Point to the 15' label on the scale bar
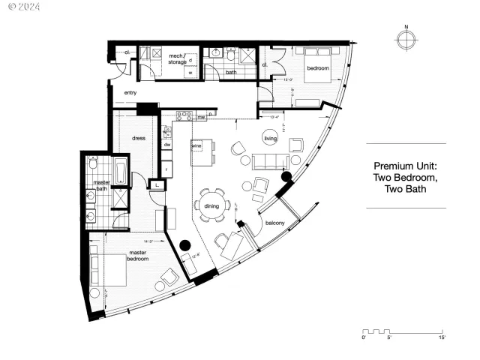(x=442, y=338)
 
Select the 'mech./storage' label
(x=177, y=58)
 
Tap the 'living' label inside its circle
(x=270, y=137)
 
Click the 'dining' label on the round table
(x=211, y=206)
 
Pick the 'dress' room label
(x=138, y=138)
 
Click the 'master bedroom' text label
(x=136, y=256)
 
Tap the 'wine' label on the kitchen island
(x=197, y=144)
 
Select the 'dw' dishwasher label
(x=168, y=144)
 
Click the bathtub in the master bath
(x=119, y=172)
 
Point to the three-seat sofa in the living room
(x=270, y=161)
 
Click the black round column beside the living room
(x=286, y=177)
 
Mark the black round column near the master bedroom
(x=184, y=245)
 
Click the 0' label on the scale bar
(x=364, y=338)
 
